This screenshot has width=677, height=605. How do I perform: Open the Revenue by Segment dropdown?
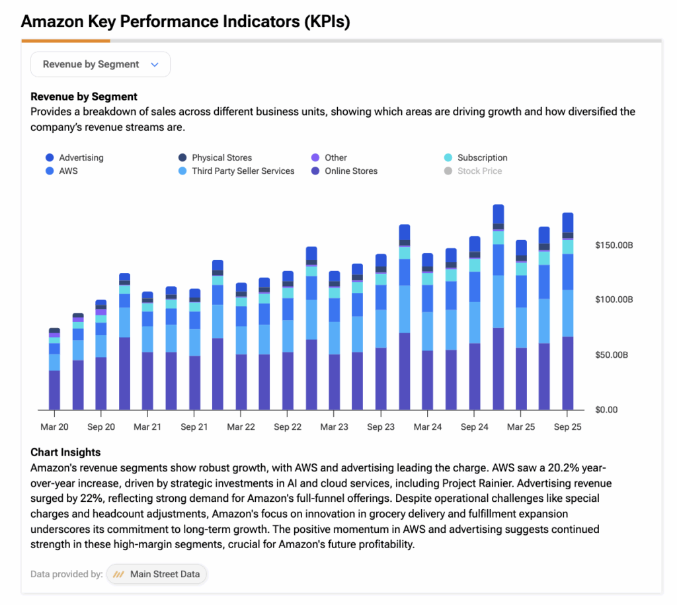tap(100, 65)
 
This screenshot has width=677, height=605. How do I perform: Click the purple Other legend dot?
tap(315, 158)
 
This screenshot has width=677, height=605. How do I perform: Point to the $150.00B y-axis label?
tap(614, 245)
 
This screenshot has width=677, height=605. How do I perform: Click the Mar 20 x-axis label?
tap(54, 427)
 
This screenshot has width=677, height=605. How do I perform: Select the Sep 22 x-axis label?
tap(287, 427)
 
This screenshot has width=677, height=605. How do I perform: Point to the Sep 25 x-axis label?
tap(567, 427)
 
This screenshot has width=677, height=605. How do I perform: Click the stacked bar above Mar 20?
tap(54, 370)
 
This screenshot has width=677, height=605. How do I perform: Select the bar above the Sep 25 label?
tap(567, 311)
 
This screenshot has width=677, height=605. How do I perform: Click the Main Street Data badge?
tap(157, 574)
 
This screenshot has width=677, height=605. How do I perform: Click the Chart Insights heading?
tap(65, 452)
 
